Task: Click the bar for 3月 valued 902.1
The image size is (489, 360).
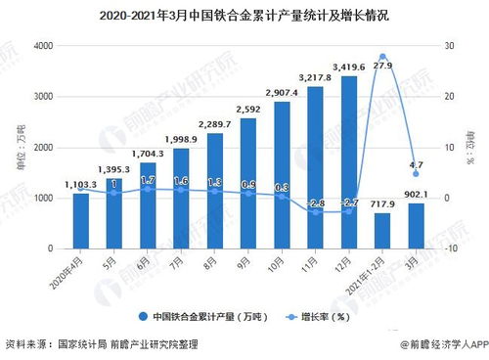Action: (416, 226)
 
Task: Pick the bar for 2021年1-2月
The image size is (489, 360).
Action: (382, 231)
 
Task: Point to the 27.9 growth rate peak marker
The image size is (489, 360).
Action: (382, 57)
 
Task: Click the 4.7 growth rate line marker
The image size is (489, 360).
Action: (416, 174)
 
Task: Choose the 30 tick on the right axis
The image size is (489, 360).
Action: (448, 46)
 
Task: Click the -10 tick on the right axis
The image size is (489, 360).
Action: (449, 249)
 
